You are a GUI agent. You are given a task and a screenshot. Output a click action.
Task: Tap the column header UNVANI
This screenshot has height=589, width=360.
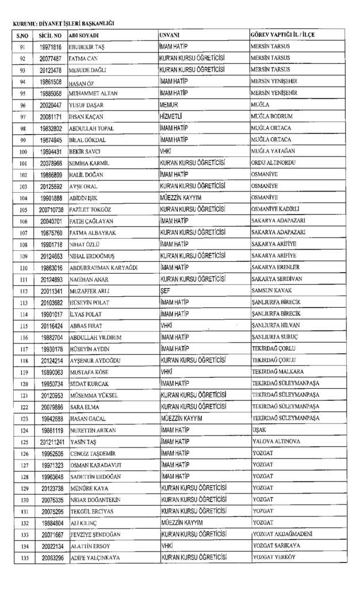[x=170, y=35]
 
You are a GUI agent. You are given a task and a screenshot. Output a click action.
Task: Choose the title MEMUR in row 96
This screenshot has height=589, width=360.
[x=169, y=105]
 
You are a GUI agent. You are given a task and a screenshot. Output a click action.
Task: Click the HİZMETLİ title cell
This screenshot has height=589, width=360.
[x=173, y=117]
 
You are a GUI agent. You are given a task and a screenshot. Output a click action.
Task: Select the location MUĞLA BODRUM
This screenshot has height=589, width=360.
[x=272, y=117]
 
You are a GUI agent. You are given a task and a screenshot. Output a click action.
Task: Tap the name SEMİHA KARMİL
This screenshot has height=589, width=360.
[x=90, y=163]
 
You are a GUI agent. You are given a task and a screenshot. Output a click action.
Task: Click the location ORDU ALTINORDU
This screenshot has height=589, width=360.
[x=274, y=163]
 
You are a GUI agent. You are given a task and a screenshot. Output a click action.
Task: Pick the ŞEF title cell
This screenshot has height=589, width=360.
[x=166, y=291]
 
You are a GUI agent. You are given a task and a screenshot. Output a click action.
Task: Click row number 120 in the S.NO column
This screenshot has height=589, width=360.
[x=24, y=384]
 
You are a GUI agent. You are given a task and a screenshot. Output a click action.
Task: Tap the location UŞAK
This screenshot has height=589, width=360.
[x=259, y=430]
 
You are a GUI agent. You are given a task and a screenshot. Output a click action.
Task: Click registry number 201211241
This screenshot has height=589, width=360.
[x=51, y=442]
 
